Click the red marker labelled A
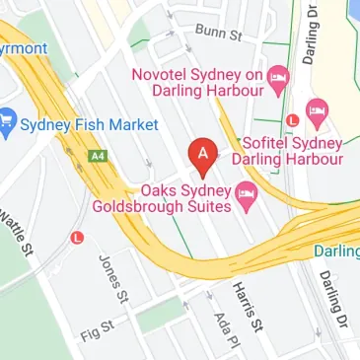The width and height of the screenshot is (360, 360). tap(203, 155)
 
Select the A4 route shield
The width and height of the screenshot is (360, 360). tap(97, 156)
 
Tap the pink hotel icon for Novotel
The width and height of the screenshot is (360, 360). tap(279, 76)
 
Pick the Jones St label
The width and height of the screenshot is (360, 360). tap(113, 279)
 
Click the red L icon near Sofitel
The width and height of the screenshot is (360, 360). tap(292, 120)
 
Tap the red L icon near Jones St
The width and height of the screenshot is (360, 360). tap(78, 238)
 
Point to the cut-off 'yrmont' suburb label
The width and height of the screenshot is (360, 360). tap(21, 48)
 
